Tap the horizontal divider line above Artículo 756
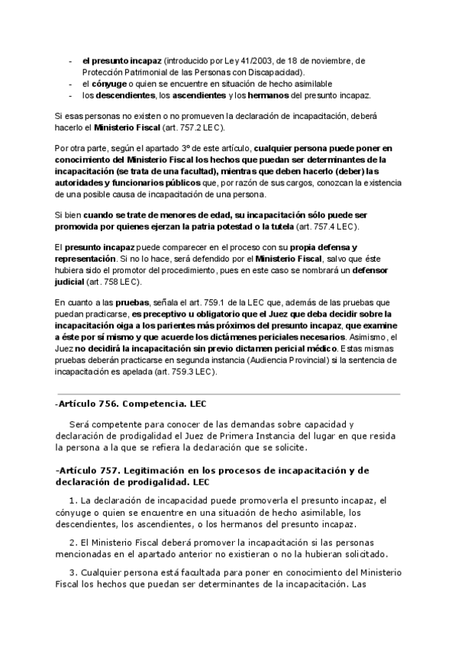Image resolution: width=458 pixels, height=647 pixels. (x=228, y=394)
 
